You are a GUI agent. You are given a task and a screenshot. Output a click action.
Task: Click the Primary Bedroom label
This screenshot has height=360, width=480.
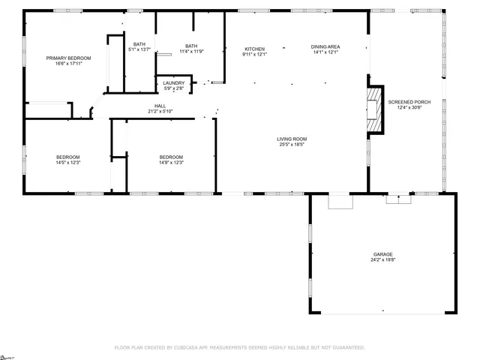(68, 58)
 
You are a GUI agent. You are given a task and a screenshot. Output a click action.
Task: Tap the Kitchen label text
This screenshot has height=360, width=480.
(254, 47)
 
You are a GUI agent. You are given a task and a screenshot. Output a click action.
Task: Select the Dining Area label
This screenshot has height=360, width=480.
(325, 47)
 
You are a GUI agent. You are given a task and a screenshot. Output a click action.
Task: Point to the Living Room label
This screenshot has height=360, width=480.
(292, 139)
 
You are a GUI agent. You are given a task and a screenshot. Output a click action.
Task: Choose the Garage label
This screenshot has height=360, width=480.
(382, 254)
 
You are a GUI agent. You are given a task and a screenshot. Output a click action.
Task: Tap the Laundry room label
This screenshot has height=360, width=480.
(174, 82)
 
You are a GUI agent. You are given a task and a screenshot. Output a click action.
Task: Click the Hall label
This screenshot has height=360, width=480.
(160, 106)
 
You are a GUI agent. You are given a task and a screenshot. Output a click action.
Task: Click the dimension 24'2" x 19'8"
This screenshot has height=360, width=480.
(382, 260)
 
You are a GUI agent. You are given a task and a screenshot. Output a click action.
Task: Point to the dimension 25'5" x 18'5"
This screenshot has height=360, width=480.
(292, 145)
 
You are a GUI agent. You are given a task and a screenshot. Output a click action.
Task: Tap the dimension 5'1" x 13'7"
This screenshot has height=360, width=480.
(139, 49)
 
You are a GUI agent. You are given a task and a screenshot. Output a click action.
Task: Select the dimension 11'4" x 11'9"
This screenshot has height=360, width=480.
(191, 49)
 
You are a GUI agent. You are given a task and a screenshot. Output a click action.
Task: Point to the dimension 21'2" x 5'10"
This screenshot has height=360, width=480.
(160, 112)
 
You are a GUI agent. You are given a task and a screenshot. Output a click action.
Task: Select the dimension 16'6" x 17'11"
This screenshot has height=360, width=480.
(68, 64)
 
